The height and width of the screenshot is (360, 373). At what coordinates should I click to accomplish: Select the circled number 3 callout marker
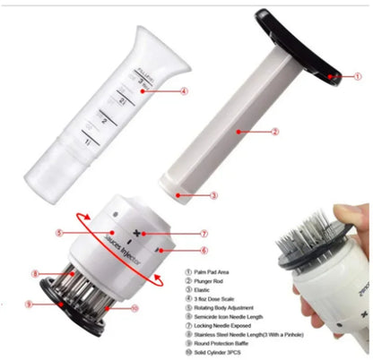[x=213, y=193]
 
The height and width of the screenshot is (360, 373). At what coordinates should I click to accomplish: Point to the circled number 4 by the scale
[x=184, y=90]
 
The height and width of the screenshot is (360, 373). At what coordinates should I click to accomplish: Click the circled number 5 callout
[x=58, y=234]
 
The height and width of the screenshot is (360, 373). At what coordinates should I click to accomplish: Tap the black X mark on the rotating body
[x=135, y=234]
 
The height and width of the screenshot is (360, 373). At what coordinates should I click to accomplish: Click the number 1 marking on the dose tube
[x=86, y=141]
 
